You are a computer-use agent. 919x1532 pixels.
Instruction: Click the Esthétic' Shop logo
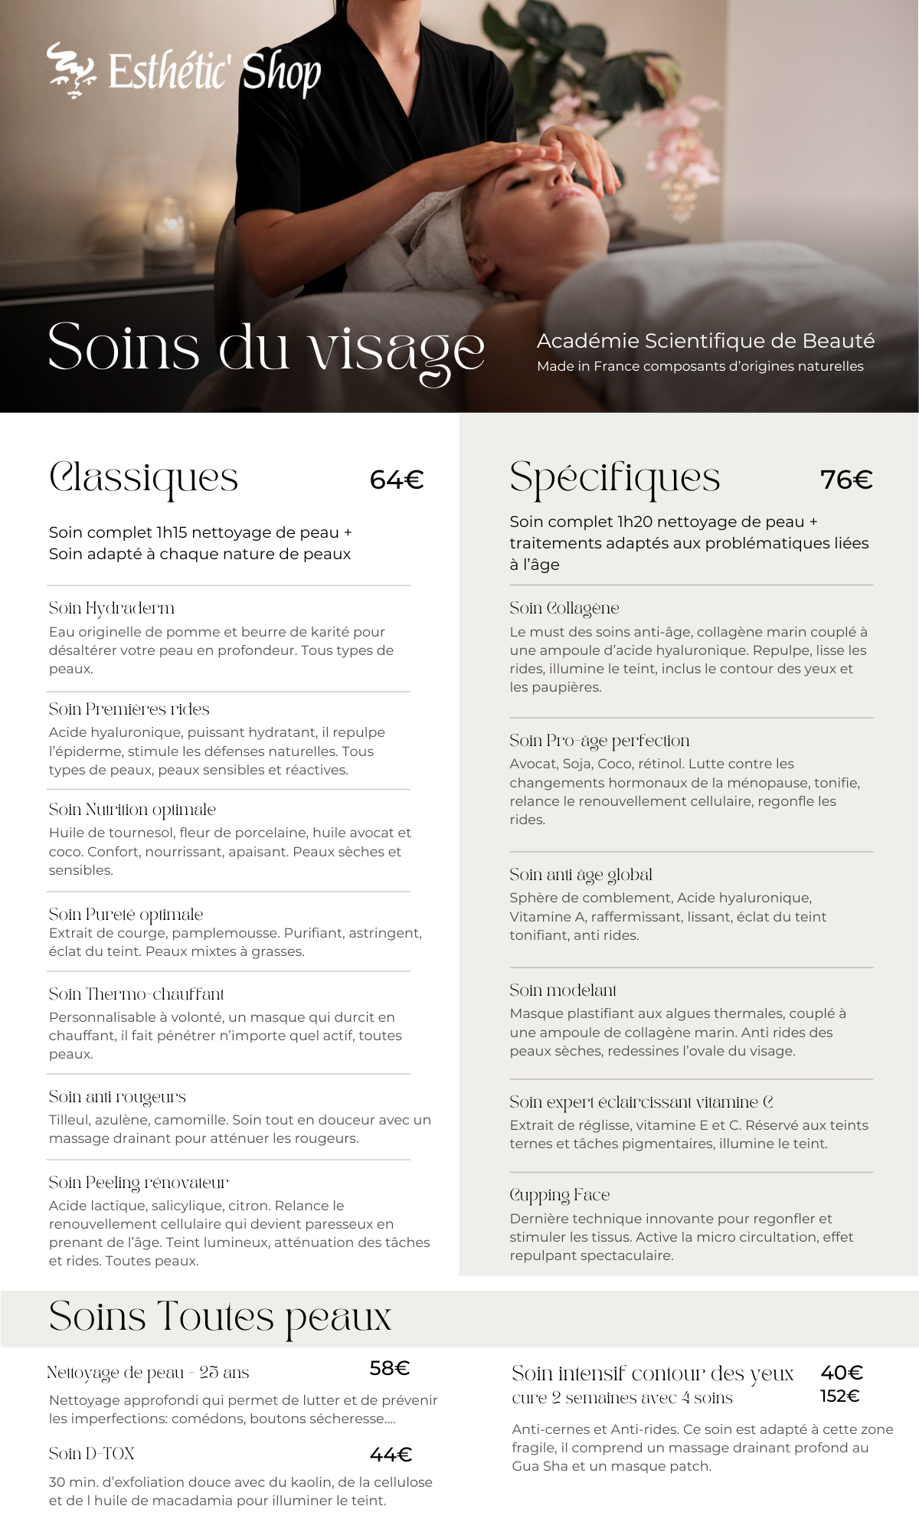pos(185,71)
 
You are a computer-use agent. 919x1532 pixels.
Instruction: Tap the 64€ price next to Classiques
pos(396,480)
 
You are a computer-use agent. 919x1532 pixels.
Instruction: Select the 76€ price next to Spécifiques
pos(846,480)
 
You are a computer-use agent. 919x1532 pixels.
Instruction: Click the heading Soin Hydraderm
pos(112,608)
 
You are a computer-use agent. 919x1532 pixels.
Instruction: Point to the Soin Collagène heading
pos(564,608)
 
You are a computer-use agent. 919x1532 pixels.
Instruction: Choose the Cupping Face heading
pos(560,1195)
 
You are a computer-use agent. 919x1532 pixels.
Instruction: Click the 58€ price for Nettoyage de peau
pos(390,1368)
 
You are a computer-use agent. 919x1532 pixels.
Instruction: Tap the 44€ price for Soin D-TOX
pos(391,1455)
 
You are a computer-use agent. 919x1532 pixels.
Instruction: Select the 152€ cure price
pos(839,1396)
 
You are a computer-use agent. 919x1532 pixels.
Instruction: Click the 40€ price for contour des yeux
pos(842,1373)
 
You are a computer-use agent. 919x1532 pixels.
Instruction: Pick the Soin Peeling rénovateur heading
pos(139,1183)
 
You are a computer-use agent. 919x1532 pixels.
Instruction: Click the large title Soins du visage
pos(266,349)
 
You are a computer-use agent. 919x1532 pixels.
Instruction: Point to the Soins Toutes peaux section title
pos(220,1318)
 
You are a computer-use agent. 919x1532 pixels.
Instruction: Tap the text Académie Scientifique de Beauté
pos(705,341)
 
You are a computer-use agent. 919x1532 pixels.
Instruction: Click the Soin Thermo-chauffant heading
pos(136,994)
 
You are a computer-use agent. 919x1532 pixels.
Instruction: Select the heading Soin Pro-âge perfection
pos(600,741)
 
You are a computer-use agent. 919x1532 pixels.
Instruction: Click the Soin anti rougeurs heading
pos(117,1097)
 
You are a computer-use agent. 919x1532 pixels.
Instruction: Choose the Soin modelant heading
pos(563,990)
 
